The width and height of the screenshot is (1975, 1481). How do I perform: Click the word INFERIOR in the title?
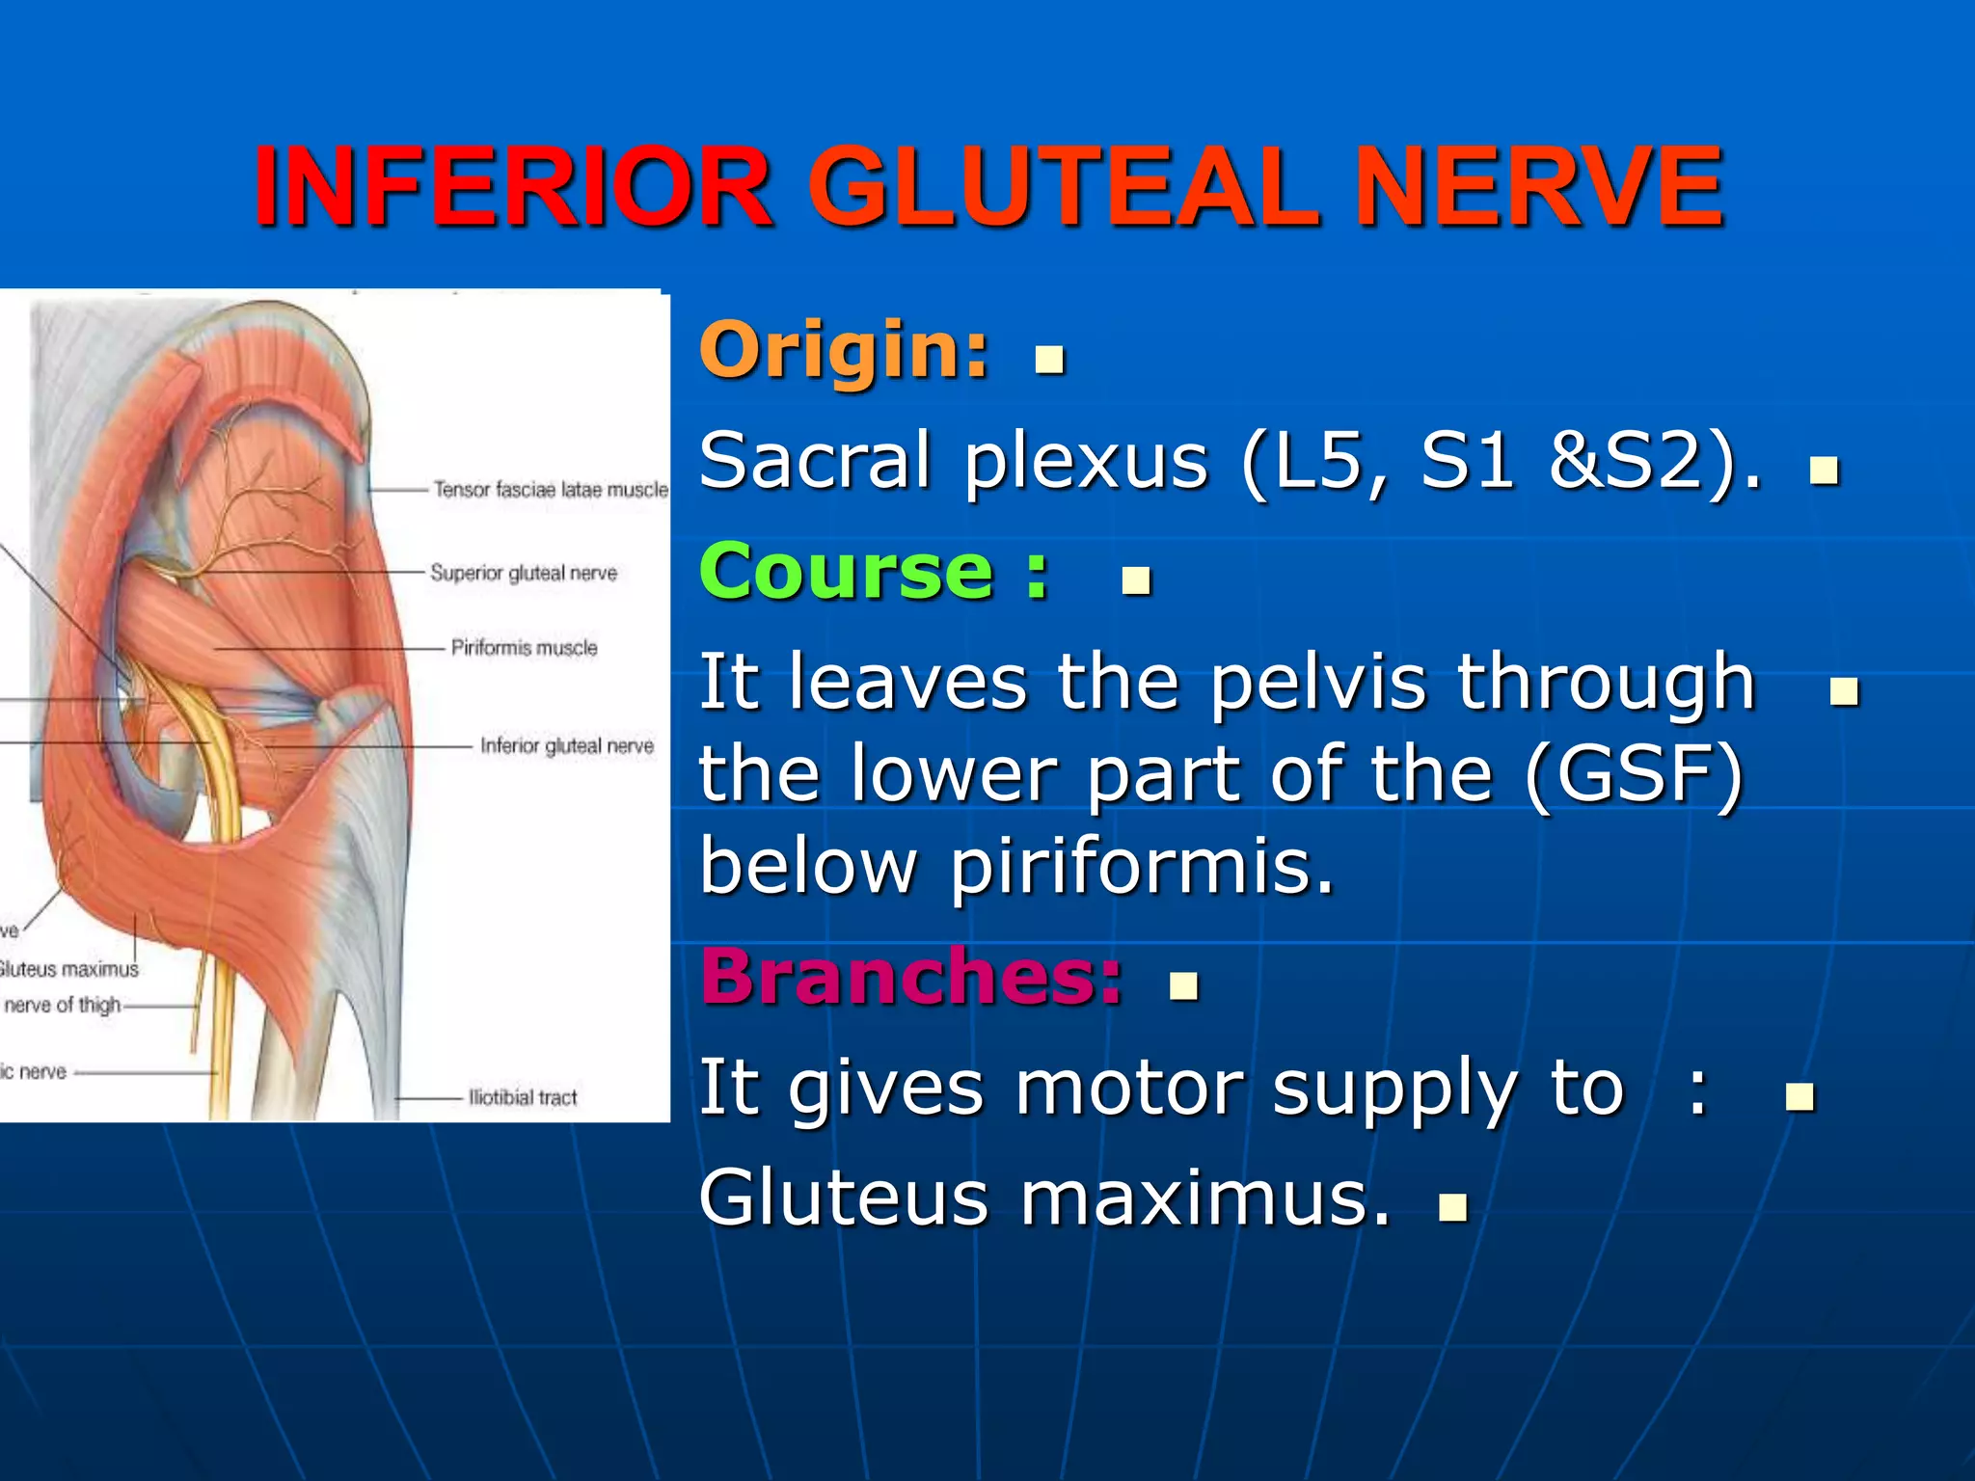[513, 187]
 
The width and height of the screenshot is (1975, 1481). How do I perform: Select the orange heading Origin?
[845, 349]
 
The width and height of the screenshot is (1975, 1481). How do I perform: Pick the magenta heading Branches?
[911, 977]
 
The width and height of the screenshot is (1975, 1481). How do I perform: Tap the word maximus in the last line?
[1205, 1198]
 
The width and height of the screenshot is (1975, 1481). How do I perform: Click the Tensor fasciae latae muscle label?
[551, 490]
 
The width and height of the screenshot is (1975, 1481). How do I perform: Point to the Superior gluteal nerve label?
[524, 573]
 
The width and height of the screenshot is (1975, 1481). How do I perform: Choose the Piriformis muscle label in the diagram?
[525, 648]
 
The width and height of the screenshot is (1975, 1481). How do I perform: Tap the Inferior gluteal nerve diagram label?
[567, 746]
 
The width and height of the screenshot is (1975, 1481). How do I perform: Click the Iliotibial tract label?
[523, 1098]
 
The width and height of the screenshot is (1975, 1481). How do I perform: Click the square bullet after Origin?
[1049, 360]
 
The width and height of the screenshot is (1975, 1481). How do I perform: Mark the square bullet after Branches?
[1183, 986]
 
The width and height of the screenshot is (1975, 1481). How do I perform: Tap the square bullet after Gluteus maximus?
[1452, 1208]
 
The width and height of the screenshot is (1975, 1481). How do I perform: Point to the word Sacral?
[816, 460]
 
